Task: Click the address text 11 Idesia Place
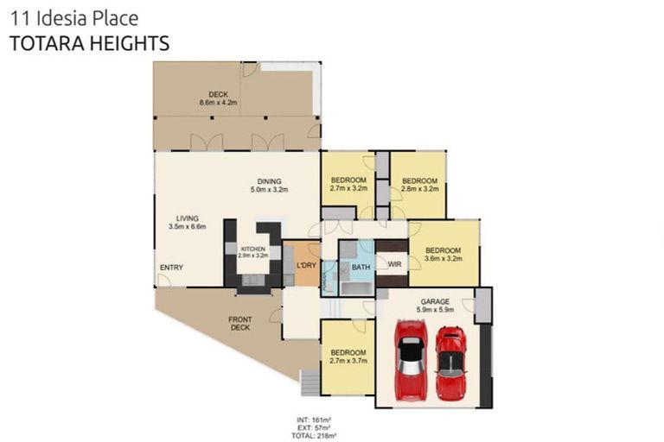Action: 74,17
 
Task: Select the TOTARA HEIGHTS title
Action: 89,43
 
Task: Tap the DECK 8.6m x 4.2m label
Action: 217,98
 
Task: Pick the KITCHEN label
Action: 253,253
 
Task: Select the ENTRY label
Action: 171,268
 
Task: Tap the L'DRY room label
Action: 305,266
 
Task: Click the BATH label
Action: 361,268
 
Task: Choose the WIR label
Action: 394,265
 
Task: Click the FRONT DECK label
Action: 240,324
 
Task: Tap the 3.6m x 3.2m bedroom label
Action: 443,255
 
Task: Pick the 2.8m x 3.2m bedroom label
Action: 419,184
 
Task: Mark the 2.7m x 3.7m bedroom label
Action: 348,357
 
